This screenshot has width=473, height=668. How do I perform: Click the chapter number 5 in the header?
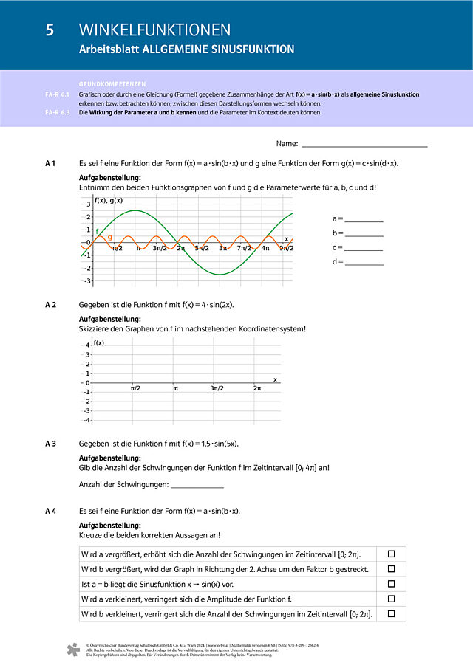(x=50, y=30)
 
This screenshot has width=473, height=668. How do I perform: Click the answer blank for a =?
(x=364, y=218)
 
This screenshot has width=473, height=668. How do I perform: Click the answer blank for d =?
(x=364, y=262)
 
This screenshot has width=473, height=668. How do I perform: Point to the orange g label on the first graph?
(x=110, y=238)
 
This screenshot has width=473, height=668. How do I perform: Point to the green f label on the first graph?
(x=97, y=231)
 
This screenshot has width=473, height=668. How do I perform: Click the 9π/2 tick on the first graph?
(x=285, y=248)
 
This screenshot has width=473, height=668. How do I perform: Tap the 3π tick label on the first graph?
(x=222, y=248)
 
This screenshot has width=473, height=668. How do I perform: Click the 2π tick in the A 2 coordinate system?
(x=256, y=388)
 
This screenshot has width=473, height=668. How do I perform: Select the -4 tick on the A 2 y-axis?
(x=88, y=420)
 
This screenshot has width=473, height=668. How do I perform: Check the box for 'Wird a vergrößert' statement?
(x=392, y=554)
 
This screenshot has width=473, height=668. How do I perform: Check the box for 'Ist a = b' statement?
(x=392, y=584)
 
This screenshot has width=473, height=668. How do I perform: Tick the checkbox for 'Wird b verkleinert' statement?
(x=392, y=613)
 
